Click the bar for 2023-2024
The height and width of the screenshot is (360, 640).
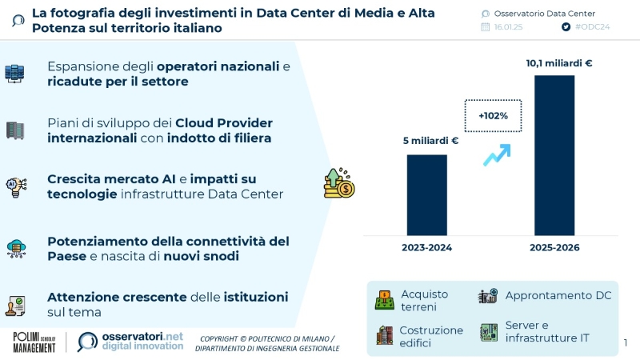(426, 194)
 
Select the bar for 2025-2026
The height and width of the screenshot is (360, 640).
(554, 154)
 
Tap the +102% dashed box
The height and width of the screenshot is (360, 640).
(493, 116)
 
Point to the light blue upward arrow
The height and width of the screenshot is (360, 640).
(498, 154)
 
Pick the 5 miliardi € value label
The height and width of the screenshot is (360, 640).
(430, 141)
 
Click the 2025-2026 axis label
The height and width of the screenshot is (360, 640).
(554, 248)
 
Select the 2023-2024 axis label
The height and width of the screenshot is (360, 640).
(426, 248)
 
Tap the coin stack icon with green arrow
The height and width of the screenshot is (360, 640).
(338, 183)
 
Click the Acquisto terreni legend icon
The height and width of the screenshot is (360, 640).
(385, 301)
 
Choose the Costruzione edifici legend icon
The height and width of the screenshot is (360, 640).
(385, 335)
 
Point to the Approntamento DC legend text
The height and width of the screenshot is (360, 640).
(558, 295)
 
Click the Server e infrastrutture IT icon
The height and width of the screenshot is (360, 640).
(487, 332)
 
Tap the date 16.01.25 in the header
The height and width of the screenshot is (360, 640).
(510, 26)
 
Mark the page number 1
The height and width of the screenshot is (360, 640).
(626, 343)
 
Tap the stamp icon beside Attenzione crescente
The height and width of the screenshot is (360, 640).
(16, 306)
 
